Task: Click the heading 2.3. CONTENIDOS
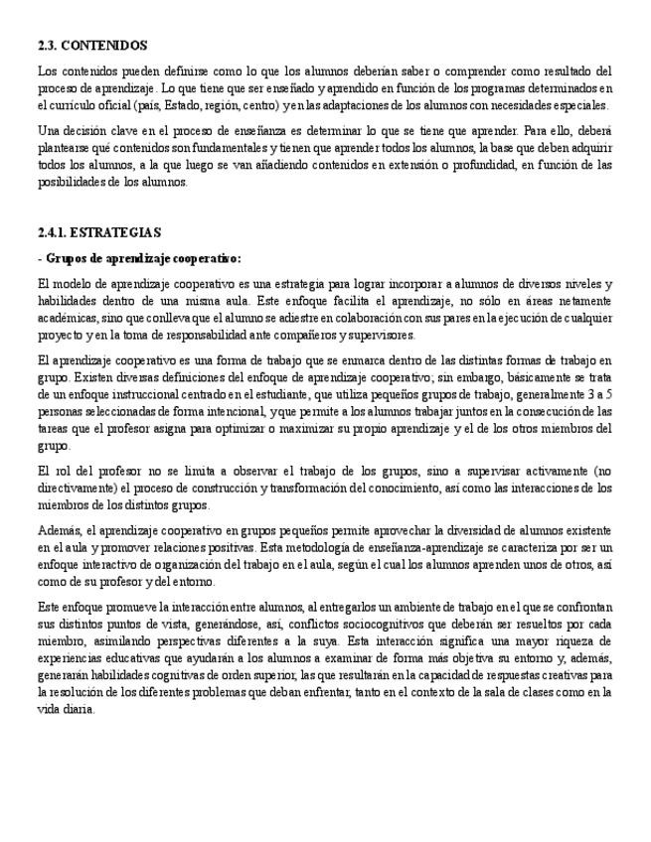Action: coord(92,46)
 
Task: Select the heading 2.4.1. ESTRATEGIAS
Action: coord(98,232)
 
